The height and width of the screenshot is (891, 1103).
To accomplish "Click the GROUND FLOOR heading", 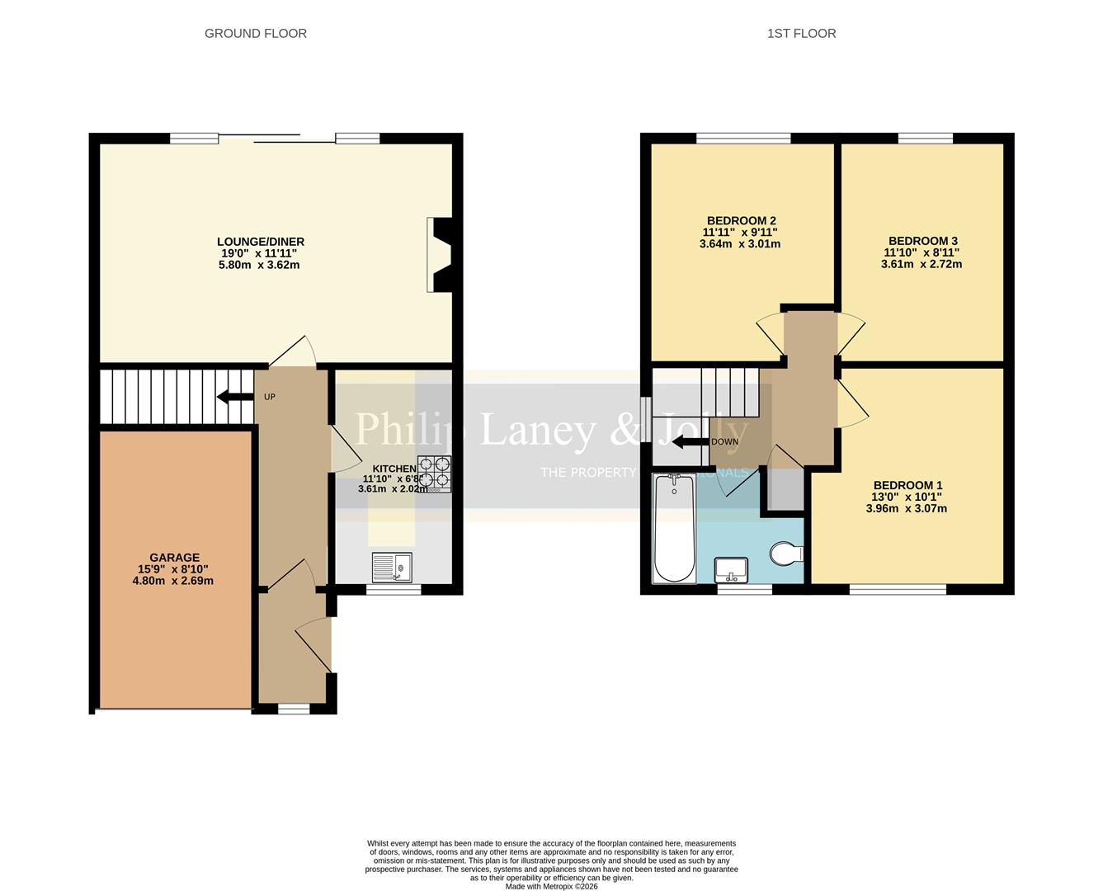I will coord(256,34).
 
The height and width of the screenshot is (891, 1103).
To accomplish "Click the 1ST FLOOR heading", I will coord(801,34).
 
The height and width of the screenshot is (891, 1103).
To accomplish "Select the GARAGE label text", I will coord(174,558).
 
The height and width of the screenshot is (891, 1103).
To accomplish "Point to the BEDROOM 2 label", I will coord(740,220).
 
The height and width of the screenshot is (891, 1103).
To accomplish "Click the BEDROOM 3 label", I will coord(922,241).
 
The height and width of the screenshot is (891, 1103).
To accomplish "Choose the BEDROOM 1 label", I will coord(907,485).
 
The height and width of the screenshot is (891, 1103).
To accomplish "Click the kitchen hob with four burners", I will coord(434,474).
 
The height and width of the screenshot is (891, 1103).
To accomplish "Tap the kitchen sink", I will coord(392,568).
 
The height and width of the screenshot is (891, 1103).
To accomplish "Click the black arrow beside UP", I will coord(234,397).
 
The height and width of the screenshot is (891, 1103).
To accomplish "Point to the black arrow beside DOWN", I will coord(690,442).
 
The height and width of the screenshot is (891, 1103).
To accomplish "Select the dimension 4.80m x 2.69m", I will coord(173,581).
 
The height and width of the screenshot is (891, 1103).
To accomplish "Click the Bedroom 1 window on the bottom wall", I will coord(898,589).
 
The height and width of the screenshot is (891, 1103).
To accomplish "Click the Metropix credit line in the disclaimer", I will coord(551,887).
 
